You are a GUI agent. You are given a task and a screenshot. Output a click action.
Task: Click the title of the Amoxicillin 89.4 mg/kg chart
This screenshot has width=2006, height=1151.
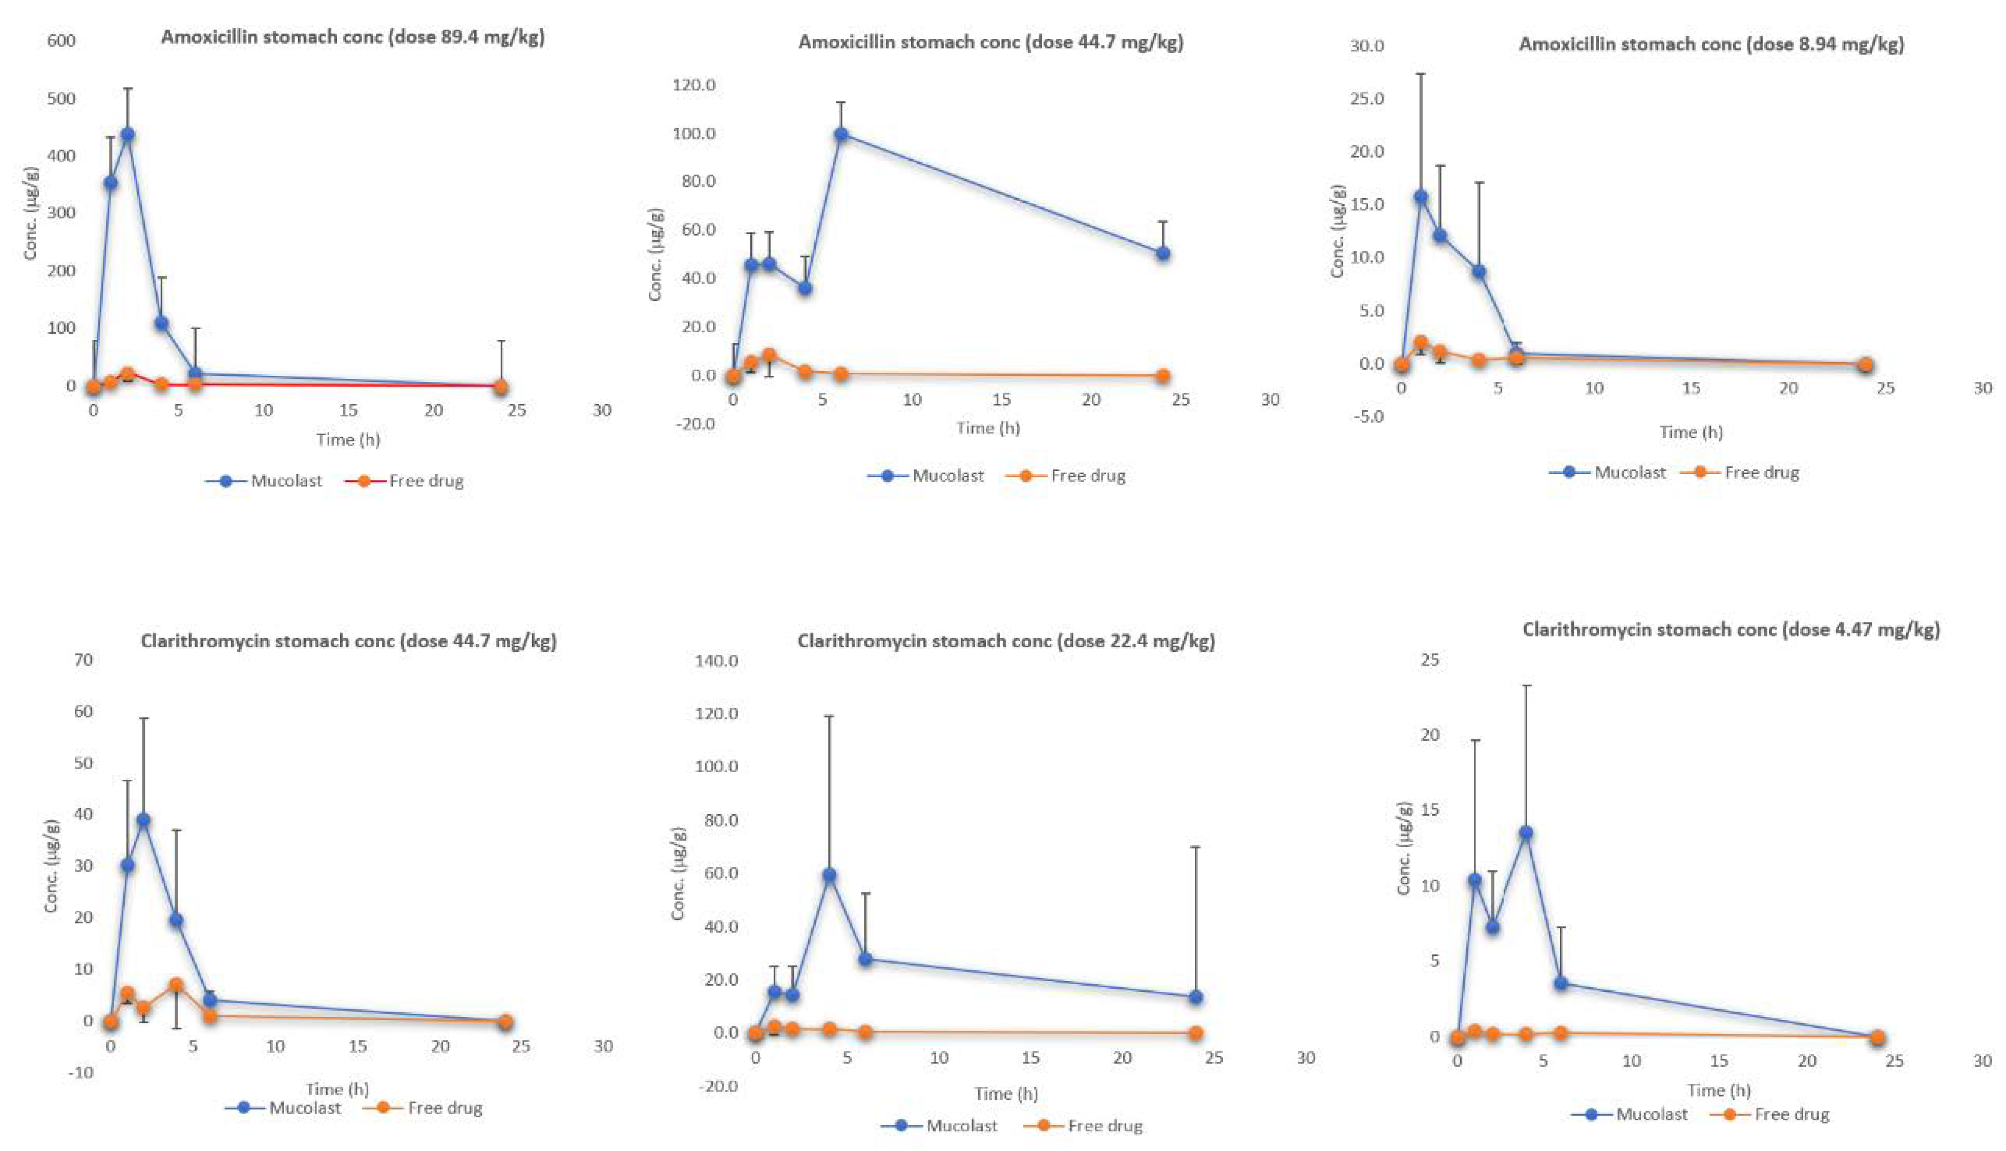pos(353,37)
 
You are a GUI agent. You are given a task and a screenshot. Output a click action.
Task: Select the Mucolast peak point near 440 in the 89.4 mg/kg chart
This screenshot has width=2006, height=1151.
pos(128,134)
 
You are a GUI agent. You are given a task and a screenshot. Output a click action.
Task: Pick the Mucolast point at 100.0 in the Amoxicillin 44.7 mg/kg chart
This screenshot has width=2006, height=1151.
pos(841,134)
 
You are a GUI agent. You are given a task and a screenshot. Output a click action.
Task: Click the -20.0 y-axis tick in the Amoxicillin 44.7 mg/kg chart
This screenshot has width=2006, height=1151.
pos(694,424)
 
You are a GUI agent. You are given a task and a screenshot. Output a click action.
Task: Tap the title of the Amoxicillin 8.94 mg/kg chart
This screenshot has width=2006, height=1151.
pos(1711,44)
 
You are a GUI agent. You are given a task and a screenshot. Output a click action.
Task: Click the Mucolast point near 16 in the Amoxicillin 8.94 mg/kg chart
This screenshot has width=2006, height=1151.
pos(1421,196)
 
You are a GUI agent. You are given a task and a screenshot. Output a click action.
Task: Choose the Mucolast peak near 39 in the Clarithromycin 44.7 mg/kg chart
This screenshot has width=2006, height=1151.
pos(143,820)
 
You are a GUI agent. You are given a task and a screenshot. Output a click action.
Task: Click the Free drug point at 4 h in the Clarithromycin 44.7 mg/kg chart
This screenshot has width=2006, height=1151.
pos(176,985)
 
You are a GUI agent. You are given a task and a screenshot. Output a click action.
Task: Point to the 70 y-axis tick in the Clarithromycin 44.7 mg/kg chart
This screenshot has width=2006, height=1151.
pos(83,660)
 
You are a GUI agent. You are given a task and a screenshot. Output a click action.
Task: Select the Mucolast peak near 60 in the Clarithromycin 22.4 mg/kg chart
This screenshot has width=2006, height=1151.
pos(829,875)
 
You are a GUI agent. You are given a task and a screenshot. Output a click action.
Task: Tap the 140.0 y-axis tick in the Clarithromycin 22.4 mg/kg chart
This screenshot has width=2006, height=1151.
pos(716,660)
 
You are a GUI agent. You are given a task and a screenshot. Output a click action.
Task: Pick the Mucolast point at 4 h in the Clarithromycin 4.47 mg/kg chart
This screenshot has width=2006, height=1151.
pos(1526,833)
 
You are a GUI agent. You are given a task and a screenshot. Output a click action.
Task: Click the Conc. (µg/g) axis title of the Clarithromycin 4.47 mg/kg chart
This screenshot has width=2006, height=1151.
pos(1404,848)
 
